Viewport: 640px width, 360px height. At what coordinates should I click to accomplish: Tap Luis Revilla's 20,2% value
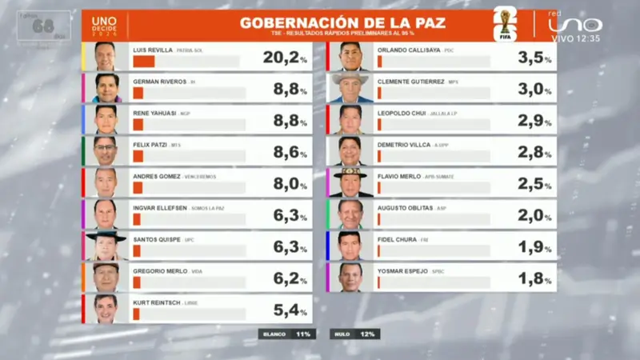coord(285,57)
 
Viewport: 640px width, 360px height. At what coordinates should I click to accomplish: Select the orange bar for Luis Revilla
coord(144,62)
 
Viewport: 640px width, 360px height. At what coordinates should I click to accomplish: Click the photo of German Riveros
coord(106,88)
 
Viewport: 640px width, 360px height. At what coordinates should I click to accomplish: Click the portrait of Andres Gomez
coord(106,182)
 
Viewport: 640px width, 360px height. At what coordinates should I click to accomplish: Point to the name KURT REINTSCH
coord(157,302)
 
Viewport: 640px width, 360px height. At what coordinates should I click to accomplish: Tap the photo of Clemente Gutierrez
coord(350,88)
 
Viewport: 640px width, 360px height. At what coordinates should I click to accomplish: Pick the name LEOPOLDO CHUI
coord(404,113)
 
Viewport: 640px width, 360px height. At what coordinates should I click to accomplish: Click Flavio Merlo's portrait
coord(350,182)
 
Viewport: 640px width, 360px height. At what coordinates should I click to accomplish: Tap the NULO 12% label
coord(354,334)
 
